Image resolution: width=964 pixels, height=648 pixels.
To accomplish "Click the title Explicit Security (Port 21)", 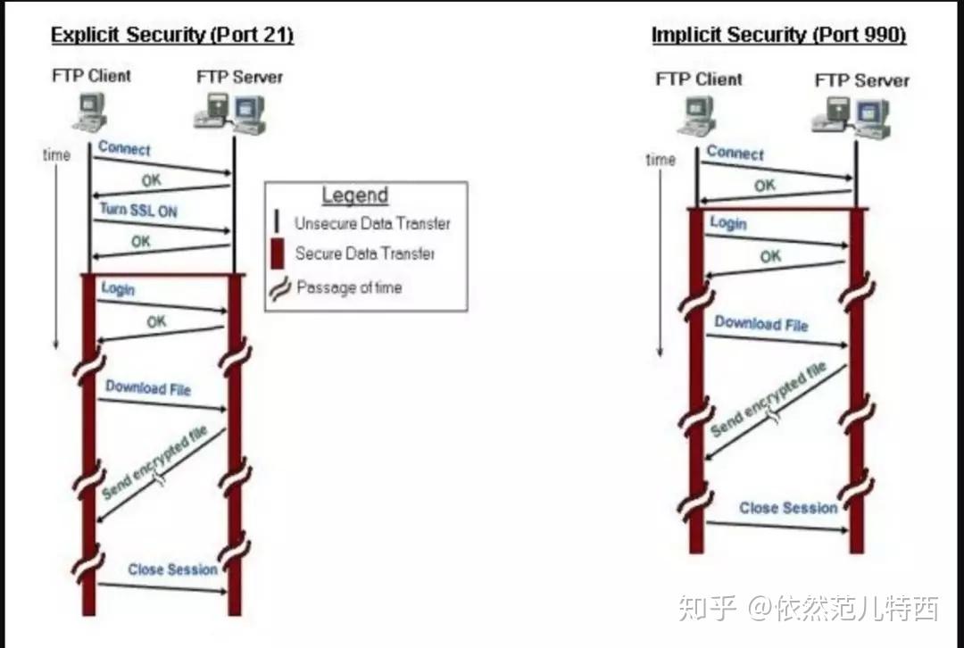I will click(x=172, y=36).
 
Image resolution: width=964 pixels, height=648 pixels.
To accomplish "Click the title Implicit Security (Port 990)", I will click(x=778, y=35).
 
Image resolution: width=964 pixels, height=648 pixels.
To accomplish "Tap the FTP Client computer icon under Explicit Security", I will click(x=90, y=112).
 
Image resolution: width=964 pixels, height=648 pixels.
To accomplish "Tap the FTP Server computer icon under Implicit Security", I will click(x=852, y=117).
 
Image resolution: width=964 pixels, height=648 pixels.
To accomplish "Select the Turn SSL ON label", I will click(x=137, y=210).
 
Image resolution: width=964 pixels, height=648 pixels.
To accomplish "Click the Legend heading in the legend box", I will click(x=354, y=195).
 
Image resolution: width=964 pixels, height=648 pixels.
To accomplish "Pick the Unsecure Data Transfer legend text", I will click(x=372, y=224).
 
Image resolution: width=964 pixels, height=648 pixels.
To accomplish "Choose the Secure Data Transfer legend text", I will click(x=365, y=253).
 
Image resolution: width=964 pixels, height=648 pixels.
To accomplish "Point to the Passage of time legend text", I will click(x=349, y=287).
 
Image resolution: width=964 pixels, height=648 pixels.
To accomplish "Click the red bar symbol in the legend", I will click(x=277, y=253).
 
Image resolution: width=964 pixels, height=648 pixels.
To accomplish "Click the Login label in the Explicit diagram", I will click(x=118, y=289).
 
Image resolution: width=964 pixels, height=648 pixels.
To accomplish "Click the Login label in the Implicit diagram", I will click(x=727, y=222).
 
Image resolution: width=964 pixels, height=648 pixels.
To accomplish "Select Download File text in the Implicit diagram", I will click(x=760, y=324).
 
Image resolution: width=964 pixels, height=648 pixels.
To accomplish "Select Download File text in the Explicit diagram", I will click(x=148, y=388).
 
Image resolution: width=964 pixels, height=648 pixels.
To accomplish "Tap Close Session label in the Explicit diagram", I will click(x=172, y=569).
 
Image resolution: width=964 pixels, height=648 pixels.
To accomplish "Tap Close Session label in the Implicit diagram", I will click(x=788, y=508).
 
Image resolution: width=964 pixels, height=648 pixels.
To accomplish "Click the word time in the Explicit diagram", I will click(x=56, y=155).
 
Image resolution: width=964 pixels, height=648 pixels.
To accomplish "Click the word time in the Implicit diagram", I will click(x=661, y=160).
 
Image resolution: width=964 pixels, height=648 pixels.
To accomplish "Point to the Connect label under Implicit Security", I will click(x=735, y=153).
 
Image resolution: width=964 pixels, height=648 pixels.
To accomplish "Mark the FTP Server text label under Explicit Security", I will click(x=239, y=77).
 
